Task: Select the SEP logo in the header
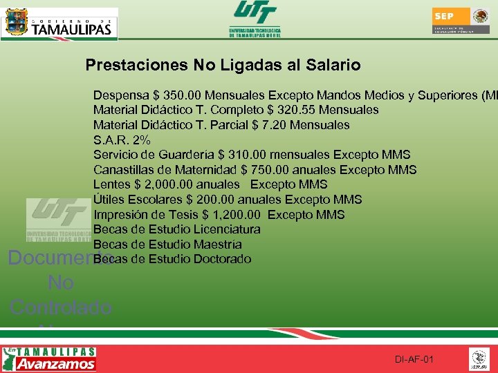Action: [460, 21]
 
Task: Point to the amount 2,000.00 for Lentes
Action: [166, 184]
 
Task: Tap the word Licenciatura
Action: [228, 229]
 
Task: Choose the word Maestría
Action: [218, 245]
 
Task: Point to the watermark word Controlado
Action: [61, 306]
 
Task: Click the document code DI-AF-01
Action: [414, 360]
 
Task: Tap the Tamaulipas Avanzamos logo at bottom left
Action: [50, 359]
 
